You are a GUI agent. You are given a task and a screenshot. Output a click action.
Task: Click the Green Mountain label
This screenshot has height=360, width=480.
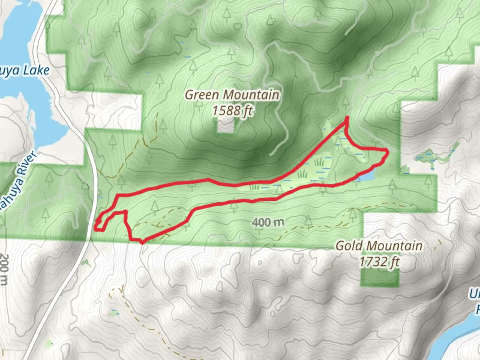[232, 95]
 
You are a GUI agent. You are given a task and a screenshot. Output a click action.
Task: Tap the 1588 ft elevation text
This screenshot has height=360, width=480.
[232, 110]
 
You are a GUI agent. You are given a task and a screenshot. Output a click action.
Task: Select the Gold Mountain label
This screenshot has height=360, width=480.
[379, 246]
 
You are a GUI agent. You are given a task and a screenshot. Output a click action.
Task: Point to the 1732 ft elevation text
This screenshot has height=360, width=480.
[379, 262]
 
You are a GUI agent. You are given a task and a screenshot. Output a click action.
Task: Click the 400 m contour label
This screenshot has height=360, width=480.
[268, 222]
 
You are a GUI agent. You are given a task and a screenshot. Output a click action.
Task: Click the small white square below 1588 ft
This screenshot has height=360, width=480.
[226, 126]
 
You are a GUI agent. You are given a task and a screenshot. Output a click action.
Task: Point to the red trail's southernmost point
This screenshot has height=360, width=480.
[142, 243]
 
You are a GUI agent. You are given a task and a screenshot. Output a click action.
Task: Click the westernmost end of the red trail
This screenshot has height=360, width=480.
[96, 229]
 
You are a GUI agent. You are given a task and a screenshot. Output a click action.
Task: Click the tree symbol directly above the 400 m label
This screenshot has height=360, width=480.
[235, 206]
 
